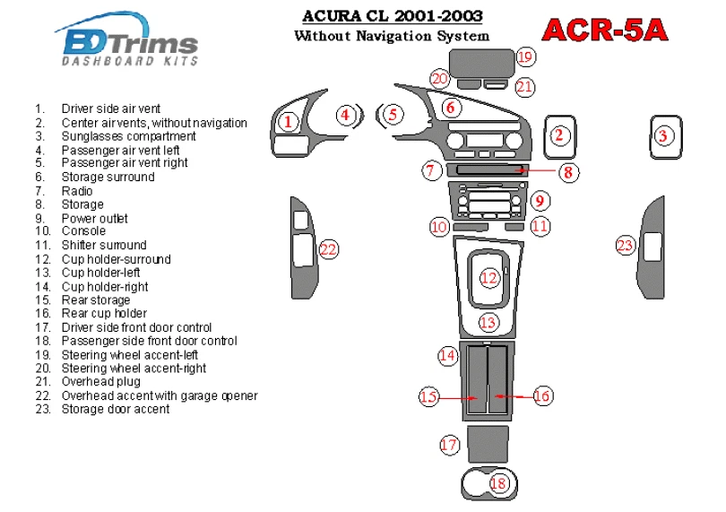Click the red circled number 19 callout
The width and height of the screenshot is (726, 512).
coord(525,57)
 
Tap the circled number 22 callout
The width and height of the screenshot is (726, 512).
coord(329,249)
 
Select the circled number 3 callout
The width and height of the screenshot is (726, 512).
coord(662,136)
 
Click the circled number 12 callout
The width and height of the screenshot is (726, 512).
coord(488,279)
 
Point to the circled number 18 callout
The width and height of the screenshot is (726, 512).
coord(498,483)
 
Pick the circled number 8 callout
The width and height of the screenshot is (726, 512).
coord(566,172)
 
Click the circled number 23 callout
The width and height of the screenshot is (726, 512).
coord(625,245)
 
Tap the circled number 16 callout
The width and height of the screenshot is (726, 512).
coord(542,395)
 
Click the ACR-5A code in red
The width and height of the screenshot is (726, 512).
coord(606,30)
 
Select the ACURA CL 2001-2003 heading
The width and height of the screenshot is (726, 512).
coord(392,15)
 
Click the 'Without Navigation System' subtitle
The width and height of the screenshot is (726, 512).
coord(392,36)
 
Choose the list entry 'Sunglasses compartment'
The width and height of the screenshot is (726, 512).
coord(128,136)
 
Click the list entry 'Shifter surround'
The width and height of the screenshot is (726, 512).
coord(103,245)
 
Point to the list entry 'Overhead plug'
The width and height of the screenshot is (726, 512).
coord(100,382)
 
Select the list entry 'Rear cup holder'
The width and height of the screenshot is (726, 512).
coord(104,314)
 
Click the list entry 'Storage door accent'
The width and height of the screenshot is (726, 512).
coord(115,409)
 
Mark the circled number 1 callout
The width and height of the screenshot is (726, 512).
coord(287,121)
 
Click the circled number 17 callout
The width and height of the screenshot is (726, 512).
coord(449,444)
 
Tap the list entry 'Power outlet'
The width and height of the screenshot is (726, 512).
coord(94,218)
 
